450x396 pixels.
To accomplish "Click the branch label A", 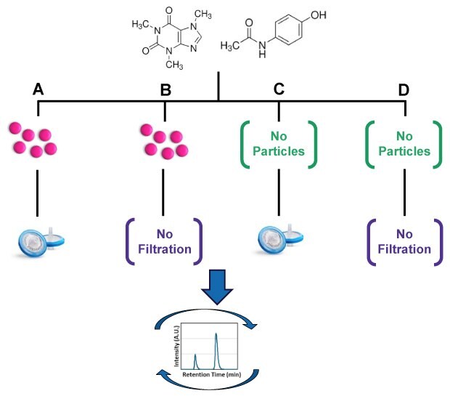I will (39, 90).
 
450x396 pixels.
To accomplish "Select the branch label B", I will (165, 90).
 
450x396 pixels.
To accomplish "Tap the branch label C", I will (279, 90).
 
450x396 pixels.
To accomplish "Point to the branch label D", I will (404, 90).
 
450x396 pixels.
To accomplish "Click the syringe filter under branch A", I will (41, 241).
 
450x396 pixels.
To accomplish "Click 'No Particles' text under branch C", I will (280, 143).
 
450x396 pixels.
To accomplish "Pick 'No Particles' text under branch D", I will (404, 143).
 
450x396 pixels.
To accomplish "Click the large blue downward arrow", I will (218, 288).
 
